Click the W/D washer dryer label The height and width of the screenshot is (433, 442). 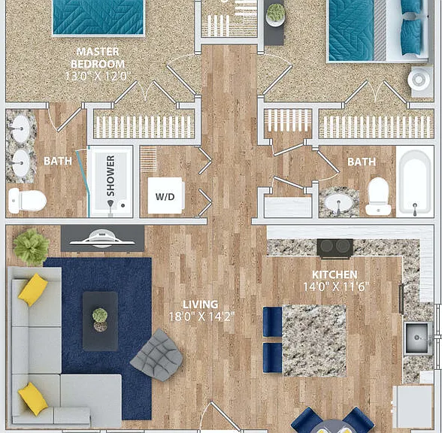[165, 196]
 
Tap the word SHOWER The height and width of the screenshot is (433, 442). [110, 176]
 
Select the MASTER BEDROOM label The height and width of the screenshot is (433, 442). [98, 58]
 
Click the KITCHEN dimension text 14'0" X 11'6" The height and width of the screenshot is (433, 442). [336, 286]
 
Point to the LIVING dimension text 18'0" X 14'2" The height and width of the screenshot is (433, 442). [201, 316]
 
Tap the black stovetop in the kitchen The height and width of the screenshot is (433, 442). [335, 248]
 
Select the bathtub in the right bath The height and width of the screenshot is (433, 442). [415, 182]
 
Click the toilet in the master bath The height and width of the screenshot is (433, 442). [27, 201]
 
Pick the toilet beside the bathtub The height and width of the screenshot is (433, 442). [378, 196]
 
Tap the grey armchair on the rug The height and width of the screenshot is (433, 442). [157, 355]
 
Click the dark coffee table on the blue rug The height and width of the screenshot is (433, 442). [101, 321]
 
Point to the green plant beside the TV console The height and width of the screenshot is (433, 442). [32, 247]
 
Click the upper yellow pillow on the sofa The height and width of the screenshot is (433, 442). [33, 289]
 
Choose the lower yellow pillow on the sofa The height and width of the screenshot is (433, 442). [33, 398]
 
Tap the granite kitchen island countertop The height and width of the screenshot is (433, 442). [314, 341]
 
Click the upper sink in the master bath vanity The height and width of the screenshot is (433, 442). [21, 129]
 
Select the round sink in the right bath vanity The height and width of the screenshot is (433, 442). [338, 203]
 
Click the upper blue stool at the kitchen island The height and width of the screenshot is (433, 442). [272, 322]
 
